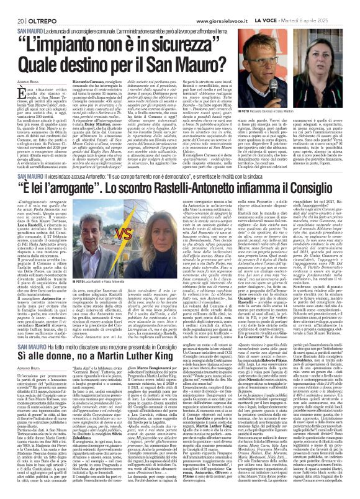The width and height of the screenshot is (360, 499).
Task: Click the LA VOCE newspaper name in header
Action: point(276,5)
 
